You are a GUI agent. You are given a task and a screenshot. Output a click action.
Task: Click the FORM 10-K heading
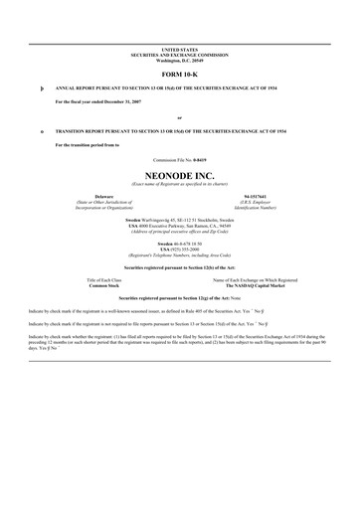click(180, 74)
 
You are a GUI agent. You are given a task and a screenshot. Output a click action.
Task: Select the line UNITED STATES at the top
click(180, 48)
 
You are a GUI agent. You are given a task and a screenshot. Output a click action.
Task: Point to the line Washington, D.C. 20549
click(180, 58)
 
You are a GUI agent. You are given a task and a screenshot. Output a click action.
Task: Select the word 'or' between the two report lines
click(180, 117)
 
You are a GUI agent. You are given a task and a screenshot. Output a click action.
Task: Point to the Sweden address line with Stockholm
click(180, 220)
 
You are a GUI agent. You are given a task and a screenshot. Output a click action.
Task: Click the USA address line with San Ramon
click(180, 226)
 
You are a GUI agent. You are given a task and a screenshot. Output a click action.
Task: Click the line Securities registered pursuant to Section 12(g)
click(180, 299)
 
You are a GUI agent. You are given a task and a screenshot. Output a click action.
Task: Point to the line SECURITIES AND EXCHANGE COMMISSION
click(180, 53)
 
